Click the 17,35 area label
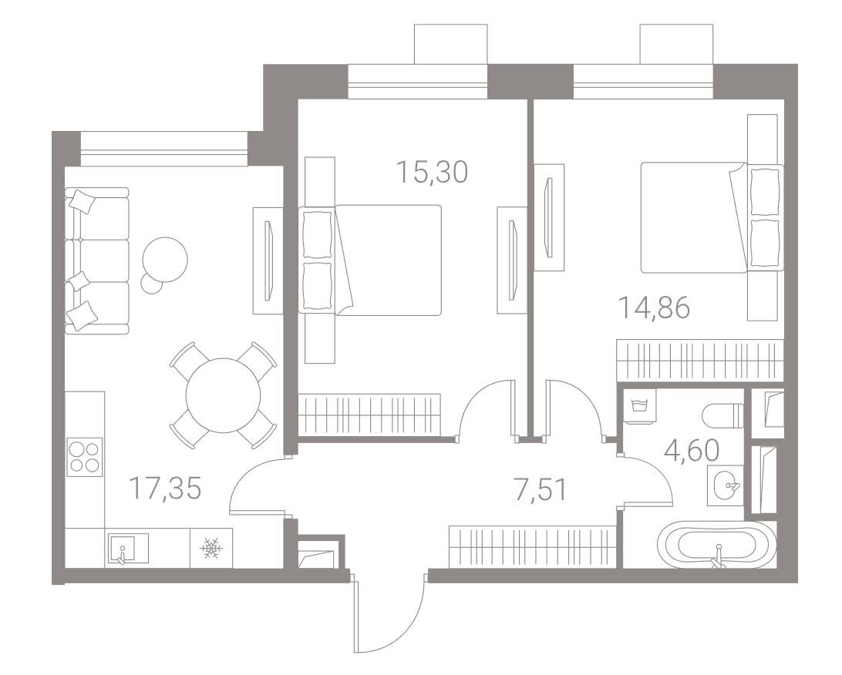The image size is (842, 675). coord(165,489)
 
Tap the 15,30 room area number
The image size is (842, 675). coord(433,173)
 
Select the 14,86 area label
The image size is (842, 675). coord(654,308)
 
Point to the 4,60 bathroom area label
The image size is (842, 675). coord(692,452)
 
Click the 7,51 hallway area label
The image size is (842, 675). coord(541,490)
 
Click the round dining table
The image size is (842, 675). coord(223,395)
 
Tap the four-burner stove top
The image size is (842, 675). coord(85,456)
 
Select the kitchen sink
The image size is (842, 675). coord(128,548)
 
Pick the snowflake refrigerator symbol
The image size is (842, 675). coord(211,548)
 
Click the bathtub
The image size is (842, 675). coord(717,546)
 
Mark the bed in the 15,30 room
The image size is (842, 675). coord(371,260)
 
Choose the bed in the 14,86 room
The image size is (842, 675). coord(712,217)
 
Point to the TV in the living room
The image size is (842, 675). coord(268,260)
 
